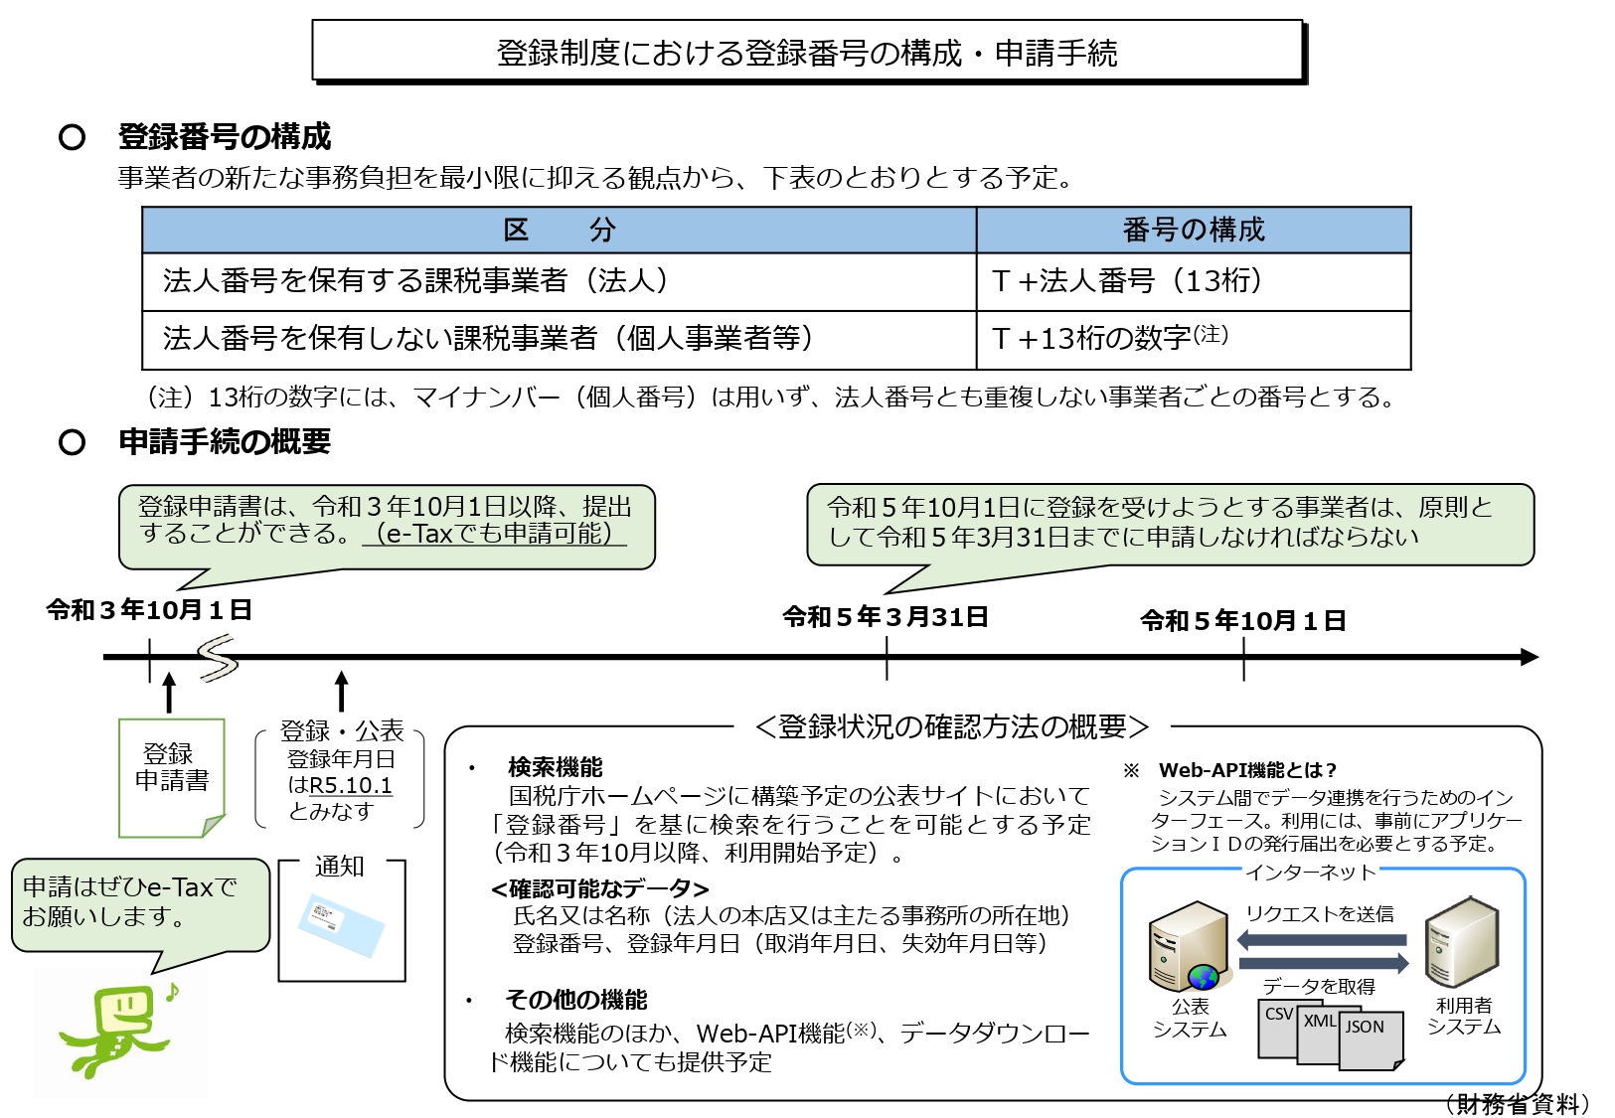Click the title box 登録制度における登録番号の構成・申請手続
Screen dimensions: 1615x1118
pos(808,51)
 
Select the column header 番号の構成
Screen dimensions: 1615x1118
pos(1194,230)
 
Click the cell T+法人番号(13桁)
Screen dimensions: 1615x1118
pos(1194,282)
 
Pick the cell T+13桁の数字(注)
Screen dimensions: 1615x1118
pos(1194,340)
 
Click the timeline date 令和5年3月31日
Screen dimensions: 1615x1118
pos(886,617)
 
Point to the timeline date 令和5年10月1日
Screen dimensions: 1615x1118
pos(1243,621)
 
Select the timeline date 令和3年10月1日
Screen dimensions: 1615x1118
pos(149,610)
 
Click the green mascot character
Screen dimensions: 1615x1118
pos(119,1030)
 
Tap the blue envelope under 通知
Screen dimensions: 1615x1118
pos(341,925)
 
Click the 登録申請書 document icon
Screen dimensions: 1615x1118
pos(172,778)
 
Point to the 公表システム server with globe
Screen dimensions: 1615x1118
pos(1189,946)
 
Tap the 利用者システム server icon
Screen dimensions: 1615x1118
pos(1462,942)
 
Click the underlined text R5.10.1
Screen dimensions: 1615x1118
pos(351,786)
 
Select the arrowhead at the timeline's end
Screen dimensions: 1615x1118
pos(1530,657)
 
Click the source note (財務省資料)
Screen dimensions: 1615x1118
pos(1517,1103)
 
